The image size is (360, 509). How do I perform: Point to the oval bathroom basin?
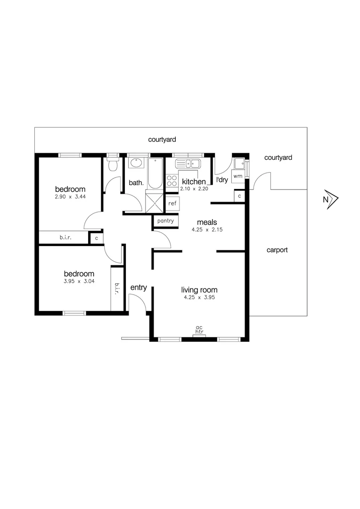136,164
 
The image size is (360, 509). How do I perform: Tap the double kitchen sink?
188,164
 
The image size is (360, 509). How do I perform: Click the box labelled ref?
172,204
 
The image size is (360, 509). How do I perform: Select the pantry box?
165,221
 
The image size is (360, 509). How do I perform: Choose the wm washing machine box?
237,176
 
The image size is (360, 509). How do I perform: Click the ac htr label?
199,330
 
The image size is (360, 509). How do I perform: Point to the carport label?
277,250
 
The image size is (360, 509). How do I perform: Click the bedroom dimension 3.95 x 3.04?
79,282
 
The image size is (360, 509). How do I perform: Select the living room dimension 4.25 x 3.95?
199,298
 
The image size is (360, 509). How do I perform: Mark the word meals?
206,222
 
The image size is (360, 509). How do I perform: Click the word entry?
139,287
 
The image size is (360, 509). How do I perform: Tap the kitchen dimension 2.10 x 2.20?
194,189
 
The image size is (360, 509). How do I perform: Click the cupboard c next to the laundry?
239,196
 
